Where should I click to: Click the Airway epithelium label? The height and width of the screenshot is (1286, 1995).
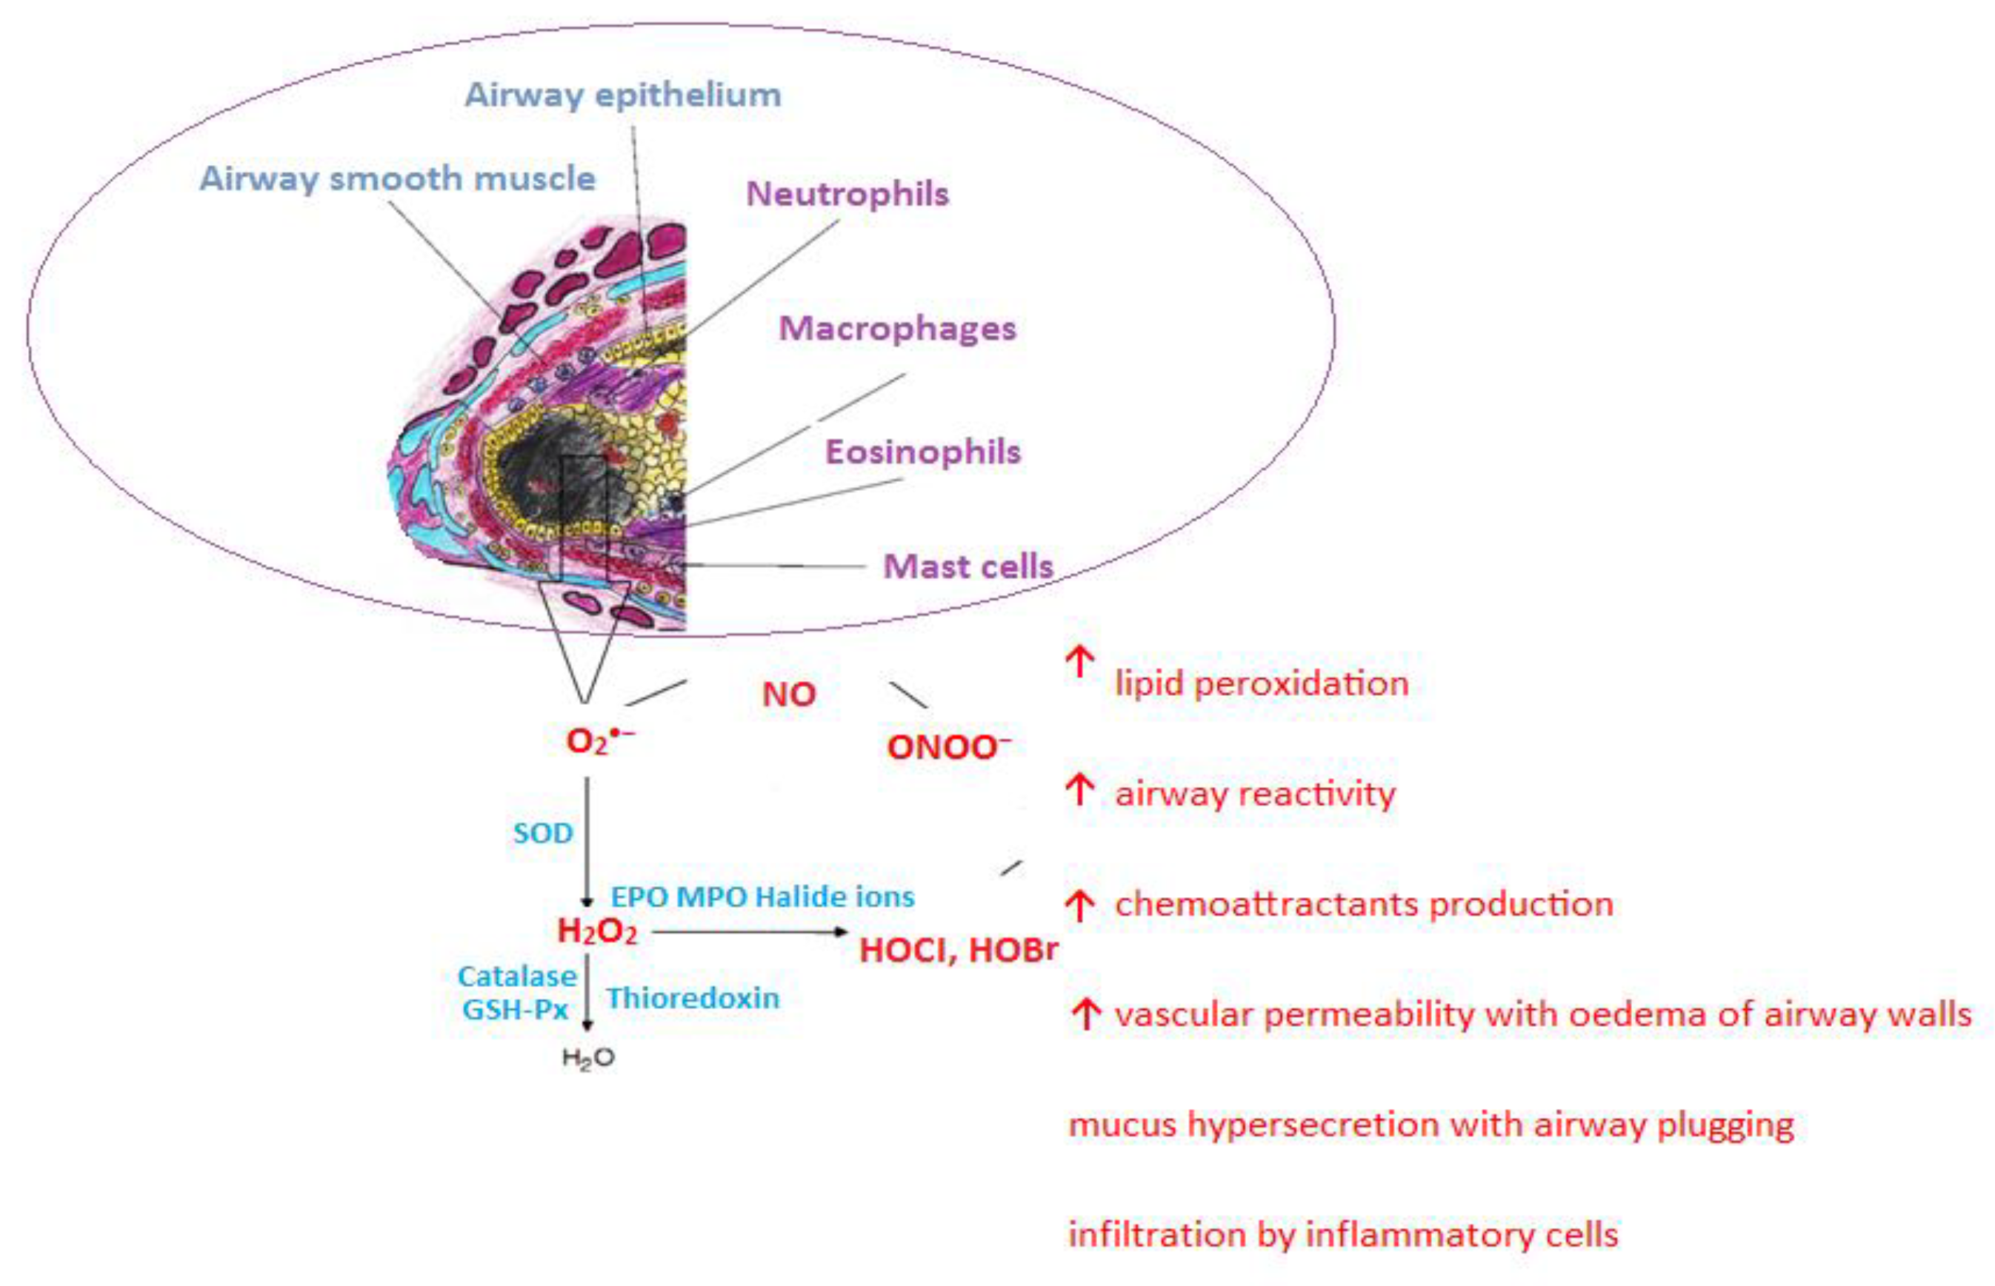click(x=622, y=96)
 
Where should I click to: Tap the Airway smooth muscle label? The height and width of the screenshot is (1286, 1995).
click(x=398, y=178)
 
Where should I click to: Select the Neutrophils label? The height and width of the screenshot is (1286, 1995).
click(x=847, y=194)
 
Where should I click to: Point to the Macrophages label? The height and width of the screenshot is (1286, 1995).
click(x=897, y=328)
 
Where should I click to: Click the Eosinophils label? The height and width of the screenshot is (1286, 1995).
click(x=923, y=452)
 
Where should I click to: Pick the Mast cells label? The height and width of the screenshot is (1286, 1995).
click(x=968, y=566)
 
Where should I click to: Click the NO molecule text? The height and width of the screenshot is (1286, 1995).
click(x=789, y=694)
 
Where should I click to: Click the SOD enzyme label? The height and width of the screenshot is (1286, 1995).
click(x=543, y=833)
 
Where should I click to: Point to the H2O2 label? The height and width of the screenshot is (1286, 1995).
click(x=597, y=931)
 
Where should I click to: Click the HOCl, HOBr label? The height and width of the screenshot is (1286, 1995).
click(x=958, y=949)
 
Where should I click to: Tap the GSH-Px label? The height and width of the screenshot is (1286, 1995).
click(x=516, y=1010)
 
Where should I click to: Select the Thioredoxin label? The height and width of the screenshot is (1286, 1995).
click(x=693, y=998)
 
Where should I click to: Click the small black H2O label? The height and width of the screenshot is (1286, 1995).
click(x=588, y=1058)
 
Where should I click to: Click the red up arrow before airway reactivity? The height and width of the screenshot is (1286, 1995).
click(x=1080, y=789)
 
